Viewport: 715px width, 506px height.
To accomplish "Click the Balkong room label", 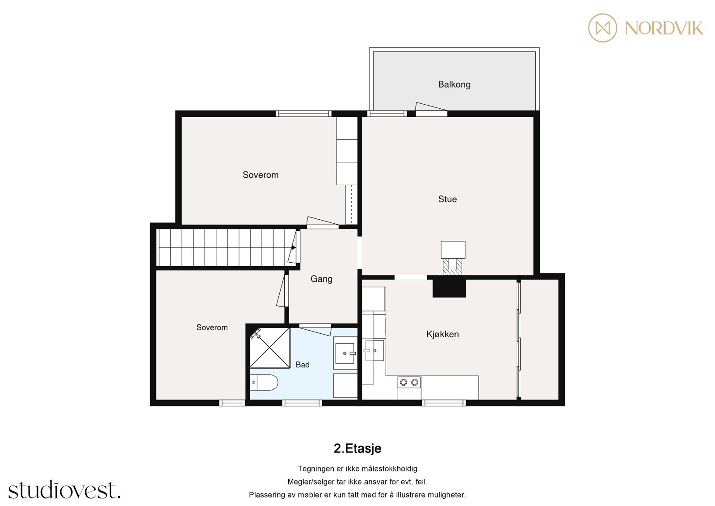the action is (x=454, y=85).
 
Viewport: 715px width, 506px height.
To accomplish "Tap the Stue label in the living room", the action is (x=447, y=199).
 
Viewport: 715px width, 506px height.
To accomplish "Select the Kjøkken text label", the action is (x=442, y=334).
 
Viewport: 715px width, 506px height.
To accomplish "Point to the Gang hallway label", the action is (x=321, y=279).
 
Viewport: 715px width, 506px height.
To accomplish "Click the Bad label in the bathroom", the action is (x=302, y=365).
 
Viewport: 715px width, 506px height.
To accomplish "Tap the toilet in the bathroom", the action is (x=264, y=383).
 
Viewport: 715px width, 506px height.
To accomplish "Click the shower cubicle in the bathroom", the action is (x=270, y=348).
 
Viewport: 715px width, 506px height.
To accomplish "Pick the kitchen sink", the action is (x=374, y=351).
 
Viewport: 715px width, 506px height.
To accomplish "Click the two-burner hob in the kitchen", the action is (x=409, y=382).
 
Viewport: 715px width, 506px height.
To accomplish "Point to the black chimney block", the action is (x=449, y=288).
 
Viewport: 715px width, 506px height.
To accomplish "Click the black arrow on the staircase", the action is (x=293, y=247).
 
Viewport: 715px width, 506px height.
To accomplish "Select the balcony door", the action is (x=431, y=109).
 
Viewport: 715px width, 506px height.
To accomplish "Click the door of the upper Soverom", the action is (x=322, y=222).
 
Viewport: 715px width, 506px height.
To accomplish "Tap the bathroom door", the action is (x=315, y=330).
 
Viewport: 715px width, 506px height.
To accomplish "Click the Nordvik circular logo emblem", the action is (x=603, y=28).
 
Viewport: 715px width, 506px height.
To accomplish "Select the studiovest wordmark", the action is (x=64, y=489).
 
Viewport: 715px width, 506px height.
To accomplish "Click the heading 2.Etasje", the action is (x=357, y=448).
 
